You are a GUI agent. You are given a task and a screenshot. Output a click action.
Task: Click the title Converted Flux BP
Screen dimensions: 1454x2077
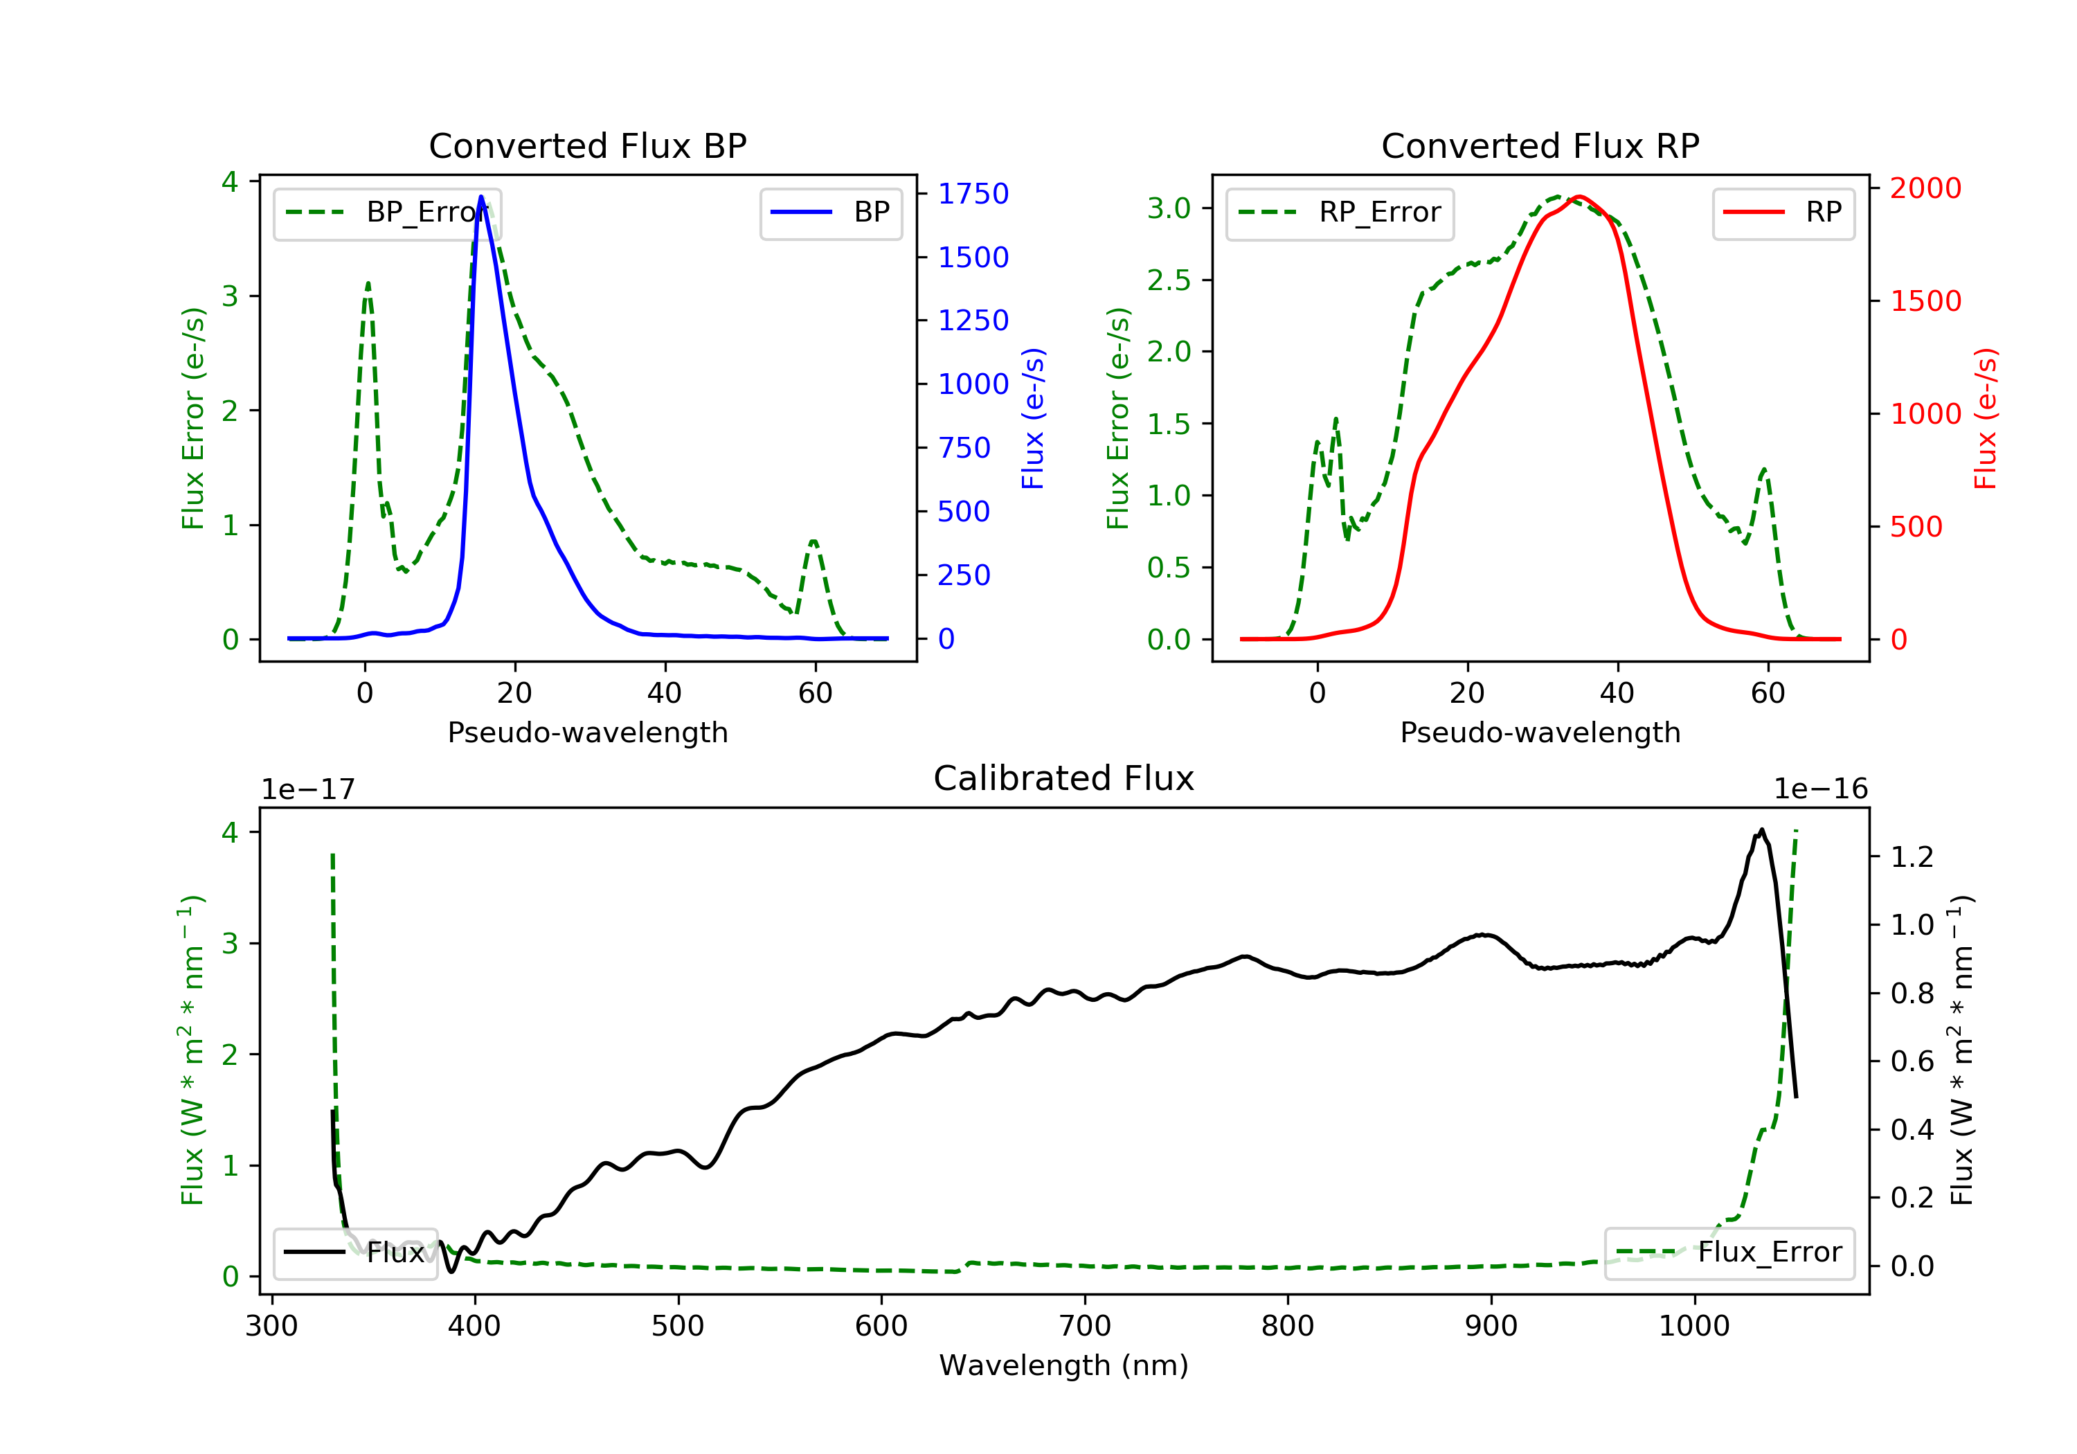pos(587,145)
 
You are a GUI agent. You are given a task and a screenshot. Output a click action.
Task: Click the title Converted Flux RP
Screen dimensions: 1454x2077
pos(1540,145)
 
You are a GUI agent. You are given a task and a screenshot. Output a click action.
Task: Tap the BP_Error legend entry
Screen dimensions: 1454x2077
pos(387,213)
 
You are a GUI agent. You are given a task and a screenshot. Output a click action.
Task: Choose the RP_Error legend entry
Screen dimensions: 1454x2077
pos(1340,213)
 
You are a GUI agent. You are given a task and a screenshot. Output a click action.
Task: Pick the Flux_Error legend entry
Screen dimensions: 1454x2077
pos(1729,1253)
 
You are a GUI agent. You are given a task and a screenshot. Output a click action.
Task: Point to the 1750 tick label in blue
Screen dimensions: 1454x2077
pos(973,194)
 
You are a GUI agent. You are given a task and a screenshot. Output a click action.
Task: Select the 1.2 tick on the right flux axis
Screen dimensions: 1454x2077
pos(1912,857)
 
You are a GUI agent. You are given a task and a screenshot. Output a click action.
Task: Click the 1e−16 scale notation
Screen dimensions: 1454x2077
pos(1820,789)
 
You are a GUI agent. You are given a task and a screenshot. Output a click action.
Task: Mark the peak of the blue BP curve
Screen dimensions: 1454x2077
pos(480,197)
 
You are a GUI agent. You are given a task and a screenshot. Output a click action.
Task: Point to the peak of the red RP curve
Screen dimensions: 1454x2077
pos(1579,197)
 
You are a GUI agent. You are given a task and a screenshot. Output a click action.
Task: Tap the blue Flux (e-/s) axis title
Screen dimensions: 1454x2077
pos(1032,419)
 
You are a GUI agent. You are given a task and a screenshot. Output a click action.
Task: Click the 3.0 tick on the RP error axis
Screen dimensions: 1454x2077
pos(1169,208)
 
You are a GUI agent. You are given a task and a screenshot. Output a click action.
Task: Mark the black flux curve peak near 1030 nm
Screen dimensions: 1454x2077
pos(1761,829)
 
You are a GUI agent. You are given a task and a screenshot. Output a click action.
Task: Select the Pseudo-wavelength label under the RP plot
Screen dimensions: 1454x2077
pos(1540,732)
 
